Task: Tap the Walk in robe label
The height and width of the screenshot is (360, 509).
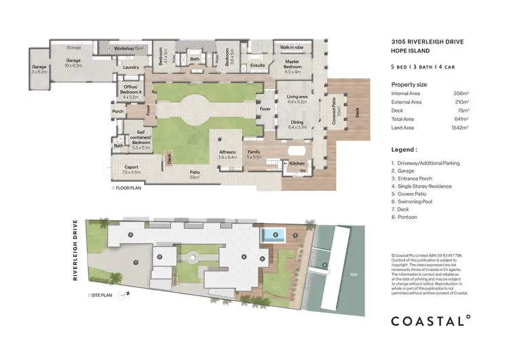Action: (x=293, y=48)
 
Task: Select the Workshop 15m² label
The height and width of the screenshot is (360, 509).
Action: (x=129, y=49)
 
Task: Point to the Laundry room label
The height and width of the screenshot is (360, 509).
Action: (x=132, y=67)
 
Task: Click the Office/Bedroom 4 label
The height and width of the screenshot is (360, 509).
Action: (x=130, y=91)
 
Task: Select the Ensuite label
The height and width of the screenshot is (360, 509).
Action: (x=257, y=66)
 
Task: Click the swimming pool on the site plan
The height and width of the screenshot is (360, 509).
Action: (x=274, y=236)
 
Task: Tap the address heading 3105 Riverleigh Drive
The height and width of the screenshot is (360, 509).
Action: (x=428, y=41)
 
